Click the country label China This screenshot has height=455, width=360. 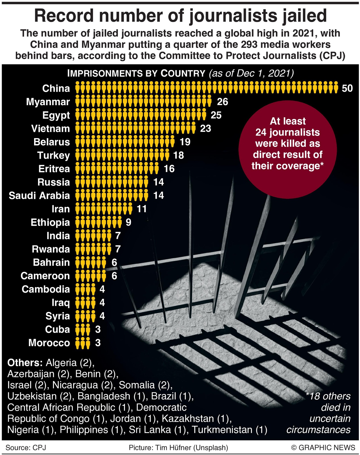[56, 89]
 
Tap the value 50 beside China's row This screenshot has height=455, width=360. [347, 89]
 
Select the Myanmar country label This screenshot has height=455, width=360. [48, 102]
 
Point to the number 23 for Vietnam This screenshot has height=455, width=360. [206, 129]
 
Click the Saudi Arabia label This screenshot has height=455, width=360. [39, 196]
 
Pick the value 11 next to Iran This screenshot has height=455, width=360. [142, 209]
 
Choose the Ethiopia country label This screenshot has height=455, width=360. [50, 222]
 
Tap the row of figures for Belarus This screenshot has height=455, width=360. [125, 142]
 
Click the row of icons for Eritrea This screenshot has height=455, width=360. [117, 169]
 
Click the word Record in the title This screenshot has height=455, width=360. [64, 16]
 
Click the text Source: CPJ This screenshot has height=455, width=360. [26, 448]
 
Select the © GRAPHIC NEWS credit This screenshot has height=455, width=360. [323, 448]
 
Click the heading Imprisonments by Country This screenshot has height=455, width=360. [136, 74]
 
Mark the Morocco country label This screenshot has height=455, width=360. [49, 343]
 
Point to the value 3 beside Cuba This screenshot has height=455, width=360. [98, 330]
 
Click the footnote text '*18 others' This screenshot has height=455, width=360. [328, 396]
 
